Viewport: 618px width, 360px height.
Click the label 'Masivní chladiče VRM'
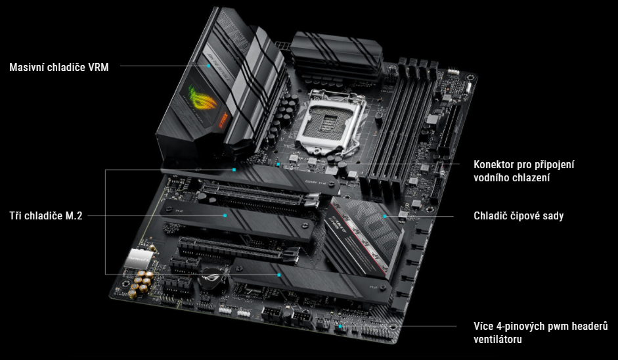59,66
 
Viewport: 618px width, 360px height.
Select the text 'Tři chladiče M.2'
46,215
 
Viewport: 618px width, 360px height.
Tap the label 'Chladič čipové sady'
519,215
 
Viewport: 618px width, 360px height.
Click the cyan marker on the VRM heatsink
209,66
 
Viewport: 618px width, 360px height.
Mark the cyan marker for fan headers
340,326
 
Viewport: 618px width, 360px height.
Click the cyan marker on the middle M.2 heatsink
225,215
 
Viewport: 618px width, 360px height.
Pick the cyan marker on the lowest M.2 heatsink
280,274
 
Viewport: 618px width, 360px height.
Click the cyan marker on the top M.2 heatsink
234,169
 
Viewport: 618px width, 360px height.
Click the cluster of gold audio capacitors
139,283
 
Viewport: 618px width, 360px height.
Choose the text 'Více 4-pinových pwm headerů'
541,326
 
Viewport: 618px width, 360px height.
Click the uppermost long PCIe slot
256,196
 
